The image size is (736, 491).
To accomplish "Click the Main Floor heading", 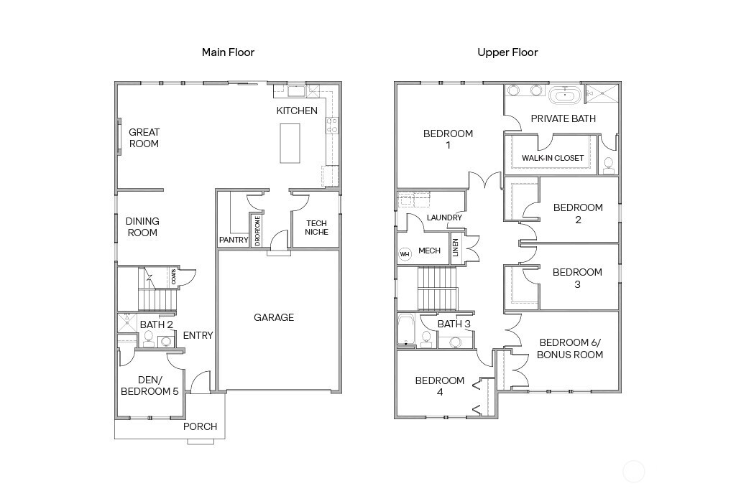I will [x=228, y=52].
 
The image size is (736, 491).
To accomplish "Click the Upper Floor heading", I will [x=507, y=52].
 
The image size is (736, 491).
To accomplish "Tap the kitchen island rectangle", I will [x=290, y=143].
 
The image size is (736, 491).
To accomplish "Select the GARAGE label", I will [x=274, y=317].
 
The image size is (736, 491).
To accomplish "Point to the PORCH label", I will [x=200, y=426].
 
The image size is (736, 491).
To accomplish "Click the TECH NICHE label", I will [x=316, y=228].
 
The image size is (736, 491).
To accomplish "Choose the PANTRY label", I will [x=233, y=240].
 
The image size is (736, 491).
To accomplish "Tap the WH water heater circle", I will [x=405, y=253].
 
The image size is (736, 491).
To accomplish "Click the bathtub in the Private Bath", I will [x=566, y=95].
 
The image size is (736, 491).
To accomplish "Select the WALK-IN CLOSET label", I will [x=552, y=158].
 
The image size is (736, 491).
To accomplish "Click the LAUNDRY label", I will [x=443, y=218].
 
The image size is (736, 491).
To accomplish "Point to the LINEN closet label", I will [x=456, y=248].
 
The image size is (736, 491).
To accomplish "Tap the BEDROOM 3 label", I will [x=577, y=278].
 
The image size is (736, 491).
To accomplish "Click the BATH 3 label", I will [x=454, y=324].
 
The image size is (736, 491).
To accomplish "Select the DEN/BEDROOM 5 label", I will [x=149, y=385].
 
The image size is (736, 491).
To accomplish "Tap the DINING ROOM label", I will [x=142, y=227].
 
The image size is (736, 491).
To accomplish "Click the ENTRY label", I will [x=198, y=335].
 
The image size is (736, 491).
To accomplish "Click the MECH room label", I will [x=429, y=251].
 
